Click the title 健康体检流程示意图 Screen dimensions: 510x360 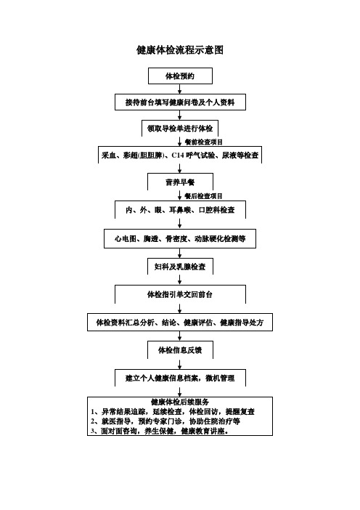pos(179,49)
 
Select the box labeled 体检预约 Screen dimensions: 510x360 pos(179,76)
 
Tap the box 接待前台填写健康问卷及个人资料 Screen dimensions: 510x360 pos(179,102)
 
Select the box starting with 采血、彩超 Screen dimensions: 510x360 pos(179,155)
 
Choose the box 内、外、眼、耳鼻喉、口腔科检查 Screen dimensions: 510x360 pos(179,210)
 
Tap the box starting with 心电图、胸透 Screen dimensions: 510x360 pos(179,238)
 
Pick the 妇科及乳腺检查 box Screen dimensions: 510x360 pos(179,267)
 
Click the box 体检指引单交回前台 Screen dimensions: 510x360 pos(179,295)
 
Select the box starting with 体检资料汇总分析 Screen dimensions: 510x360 pos(179,322)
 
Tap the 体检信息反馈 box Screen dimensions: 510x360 pos(179,350)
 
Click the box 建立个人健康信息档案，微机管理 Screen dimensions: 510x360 pos(179,378)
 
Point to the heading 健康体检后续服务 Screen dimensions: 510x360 pos(179,402)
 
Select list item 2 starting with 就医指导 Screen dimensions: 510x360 pos(168,421)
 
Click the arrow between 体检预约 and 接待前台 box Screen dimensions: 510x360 pos(179,89)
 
